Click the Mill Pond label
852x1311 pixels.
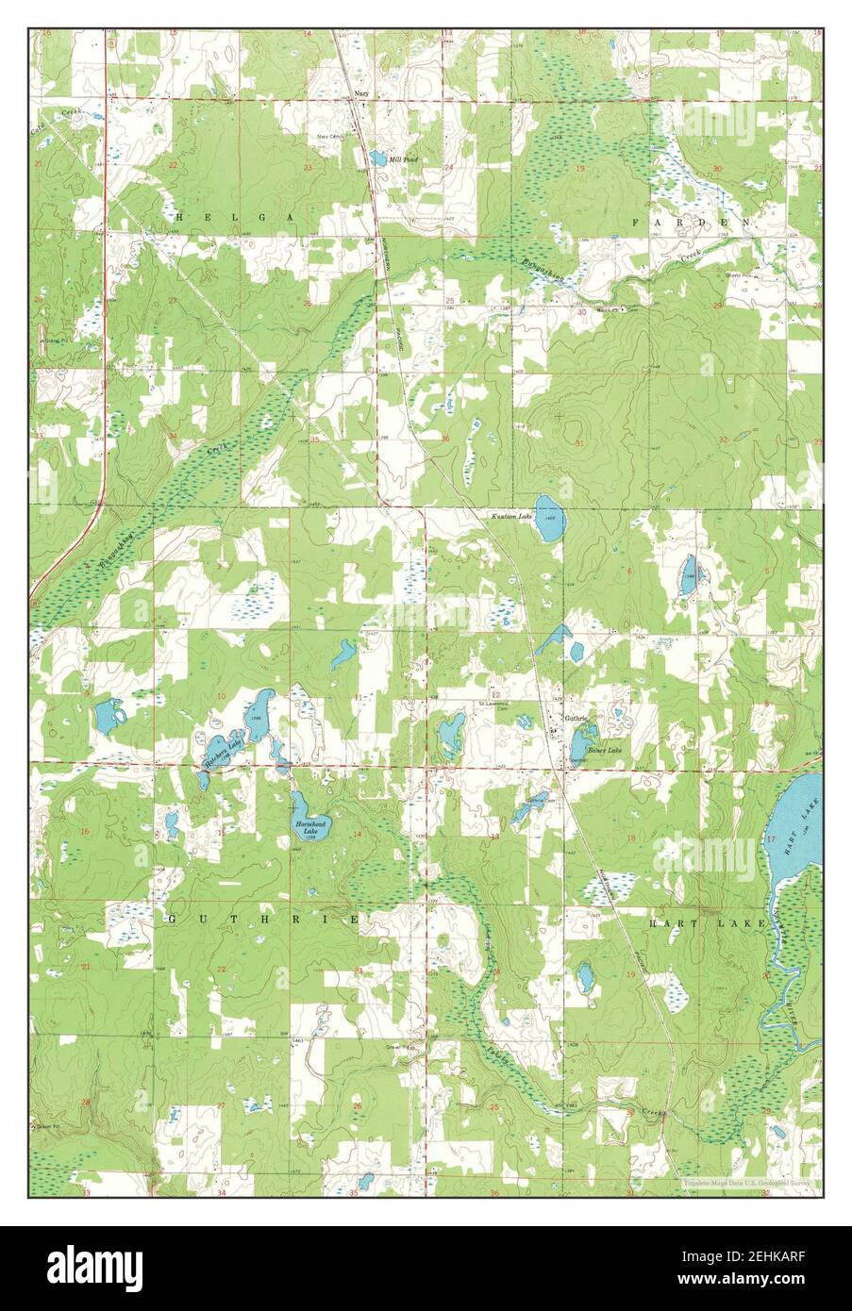tap(404, 160)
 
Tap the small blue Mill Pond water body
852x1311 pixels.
tap(377, 158)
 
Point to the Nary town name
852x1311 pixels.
tap(360, 94)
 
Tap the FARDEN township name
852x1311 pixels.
tap(691, 220)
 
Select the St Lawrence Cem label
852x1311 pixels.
tap(493, 705)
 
